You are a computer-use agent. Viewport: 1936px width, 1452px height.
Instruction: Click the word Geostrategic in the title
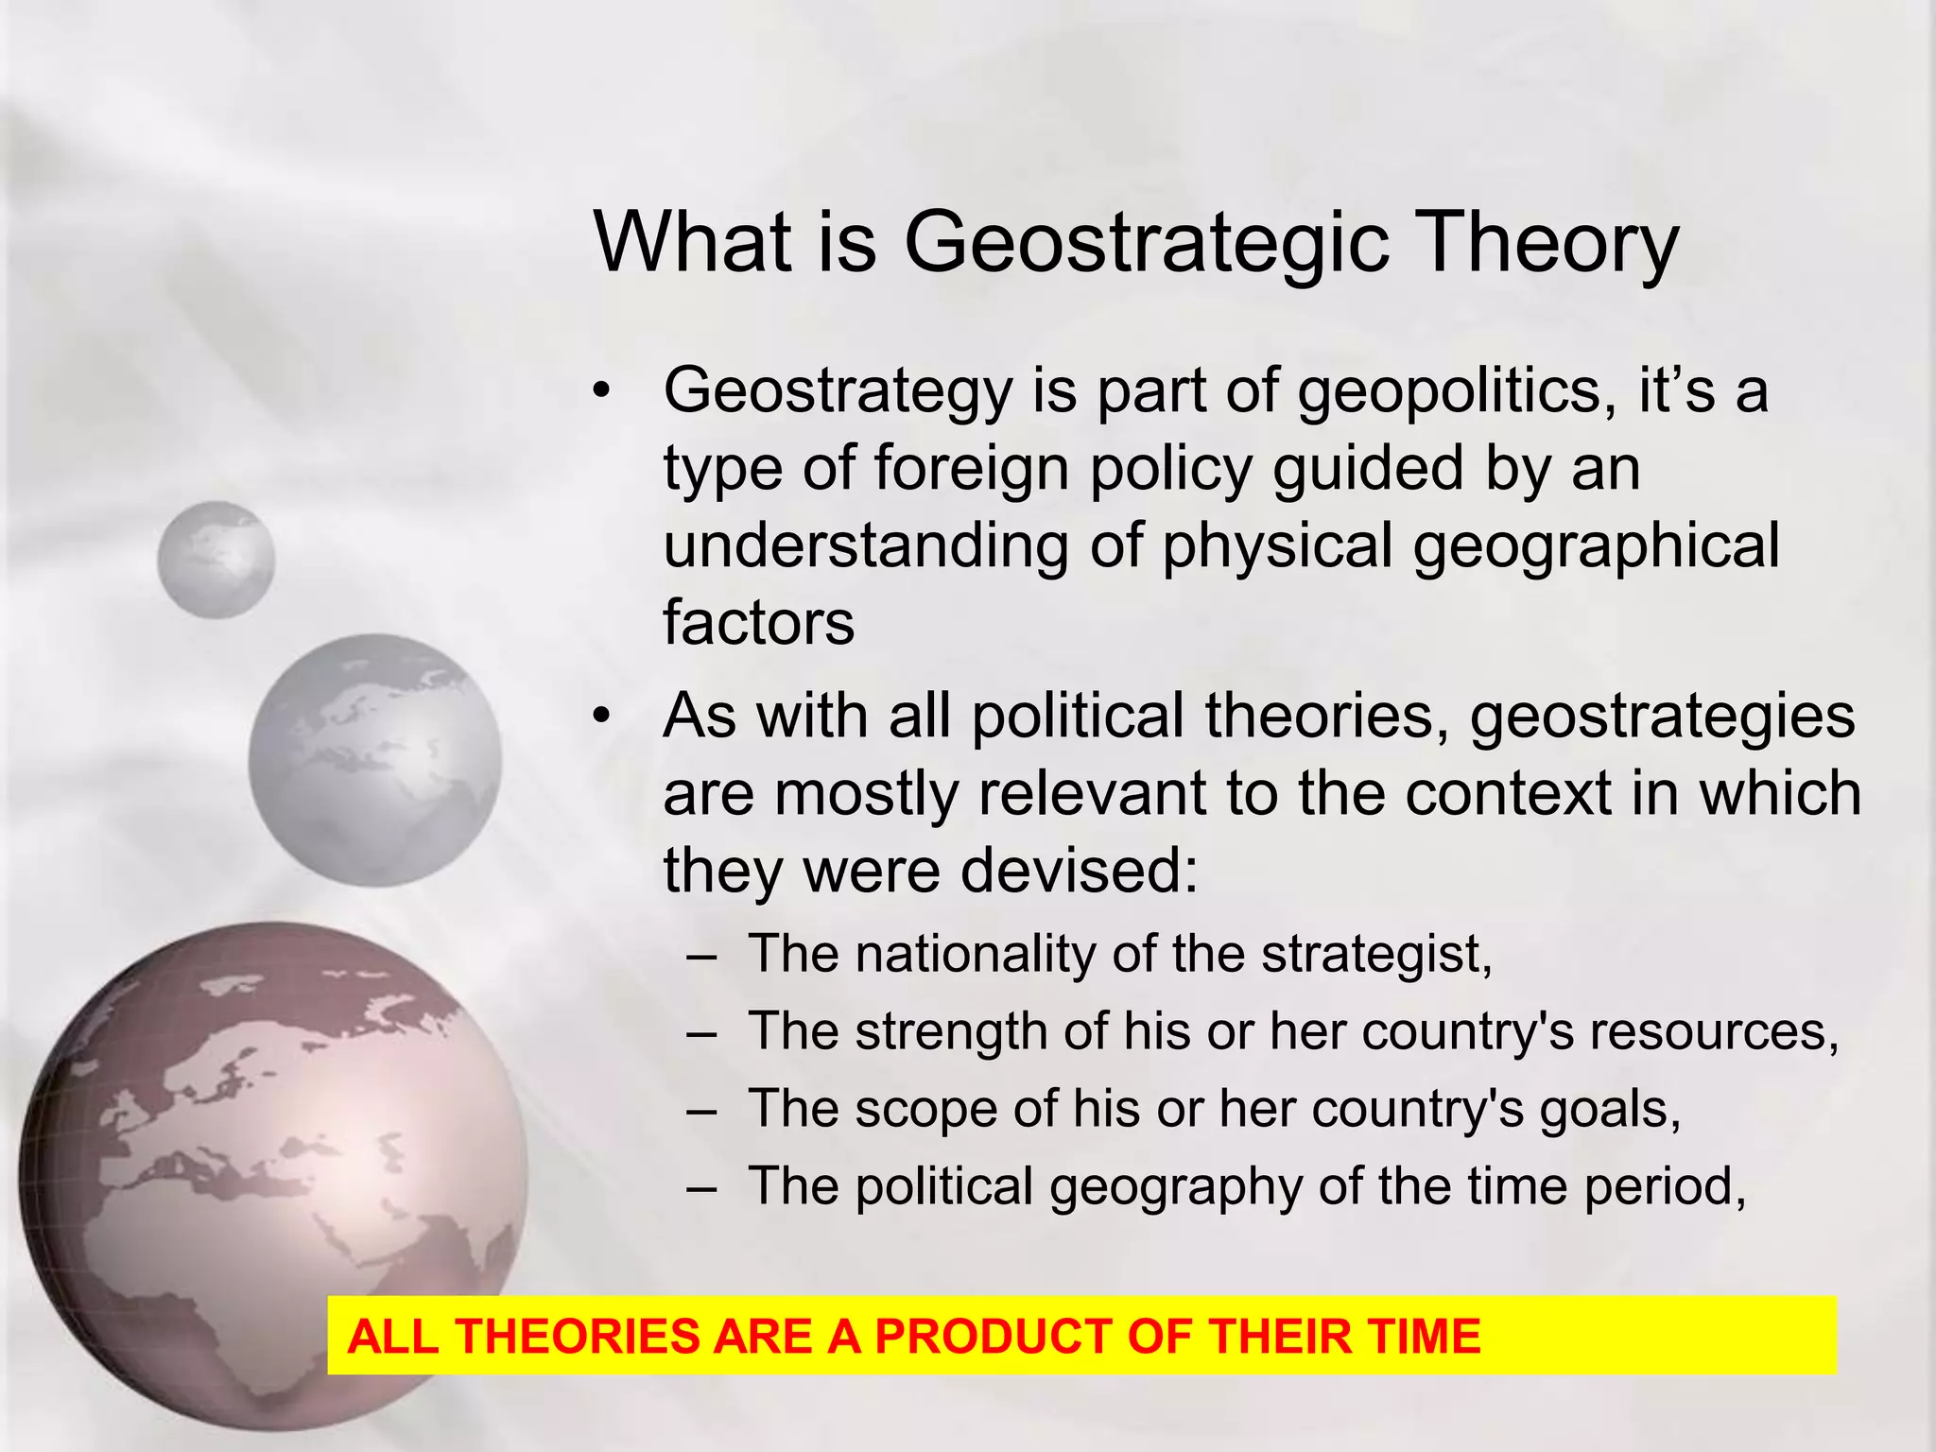(1146, 243)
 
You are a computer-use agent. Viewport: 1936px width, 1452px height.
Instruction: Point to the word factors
(758, 623)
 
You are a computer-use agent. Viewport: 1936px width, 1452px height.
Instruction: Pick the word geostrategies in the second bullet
(1662, 716)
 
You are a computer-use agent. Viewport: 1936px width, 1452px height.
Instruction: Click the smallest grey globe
(216, 560)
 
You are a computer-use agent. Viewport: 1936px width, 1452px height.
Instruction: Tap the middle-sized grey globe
(375, 759)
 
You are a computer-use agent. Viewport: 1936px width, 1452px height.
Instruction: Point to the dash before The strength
(701, 1033)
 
